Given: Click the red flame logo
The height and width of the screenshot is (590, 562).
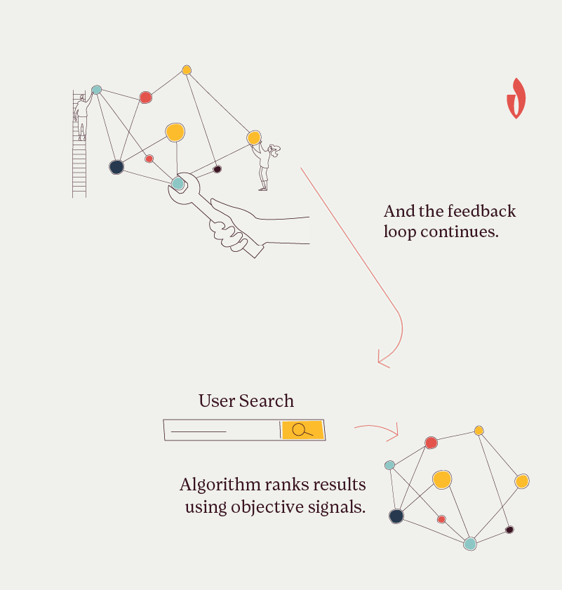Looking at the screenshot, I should pyautogui.click(x=516, y=98).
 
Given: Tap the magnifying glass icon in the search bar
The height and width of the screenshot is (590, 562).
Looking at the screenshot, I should pyautogui.click(x=302, y=429).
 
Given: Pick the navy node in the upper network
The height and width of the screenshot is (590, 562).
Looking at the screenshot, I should pyautogui.click(x=116, y=167).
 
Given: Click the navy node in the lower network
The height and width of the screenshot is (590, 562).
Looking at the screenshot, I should pyautogui.click(x=396, y=516).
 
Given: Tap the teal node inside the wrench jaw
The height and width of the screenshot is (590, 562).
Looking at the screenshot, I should pyautogui.click(x=178, y=183).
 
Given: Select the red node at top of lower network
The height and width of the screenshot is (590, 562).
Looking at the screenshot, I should pyautogui.click(x=431, y=443).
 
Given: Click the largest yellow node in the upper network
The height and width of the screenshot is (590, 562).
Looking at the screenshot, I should pyautogui.click(x=175, y=132).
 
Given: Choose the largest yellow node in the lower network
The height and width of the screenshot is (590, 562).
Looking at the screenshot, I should pyautogui.click(x=441, y=480).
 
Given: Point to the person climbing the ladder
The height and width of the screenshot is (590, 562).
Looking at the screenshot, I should pyautogui.click(x=82, y=114).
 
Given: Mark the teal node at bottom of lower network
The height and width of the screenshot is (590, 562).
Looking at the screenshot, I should pyautogui.click(x=470, y=543).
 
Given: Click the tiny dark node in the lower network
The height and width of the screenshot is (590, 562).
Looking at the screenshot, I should pyautogui.click(x=509, y=530).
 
